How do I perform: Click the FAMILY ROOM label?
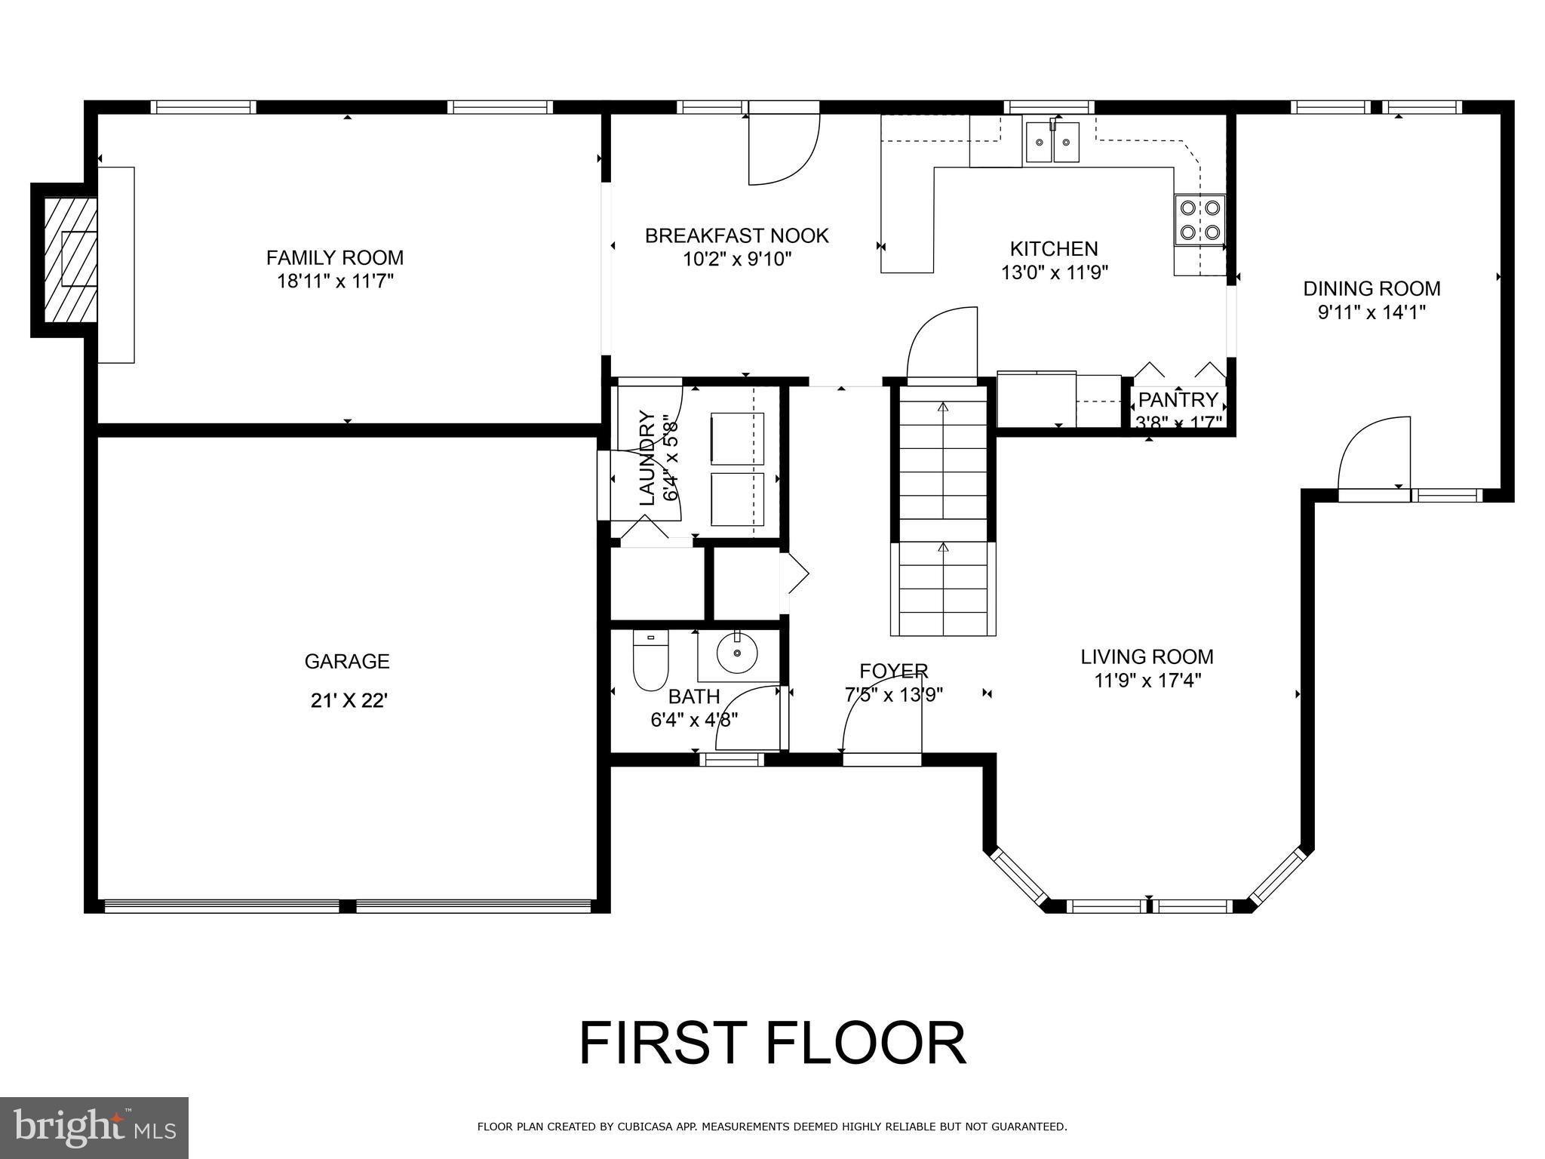(335, 258)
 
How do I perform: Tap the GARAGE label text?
(347, 662)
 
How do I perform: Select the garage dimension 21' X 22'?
(349, 701)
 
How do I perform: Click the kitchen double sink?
(1052, 143)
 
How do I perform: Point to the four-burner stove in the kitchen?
(1199, 220)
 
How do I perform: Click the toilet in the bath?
(650, 662)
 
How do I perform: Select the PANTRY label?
(1178, 399)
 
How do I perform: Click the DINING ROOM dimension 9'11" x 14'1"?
(1371, 312)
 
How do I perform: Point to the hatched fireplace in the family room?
(70, 259)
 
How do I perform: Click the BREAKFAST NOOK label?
(736, 236)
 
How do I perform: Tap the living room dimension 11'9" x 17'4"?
(1147, 681)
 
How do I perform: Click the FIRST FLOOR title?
(772, 1044)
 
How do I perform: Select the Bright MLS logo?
(94, 1128)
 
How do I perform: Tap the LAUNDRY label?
(647, 458)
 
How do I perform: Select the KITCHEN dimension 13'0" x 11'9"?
(1054, 272)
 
